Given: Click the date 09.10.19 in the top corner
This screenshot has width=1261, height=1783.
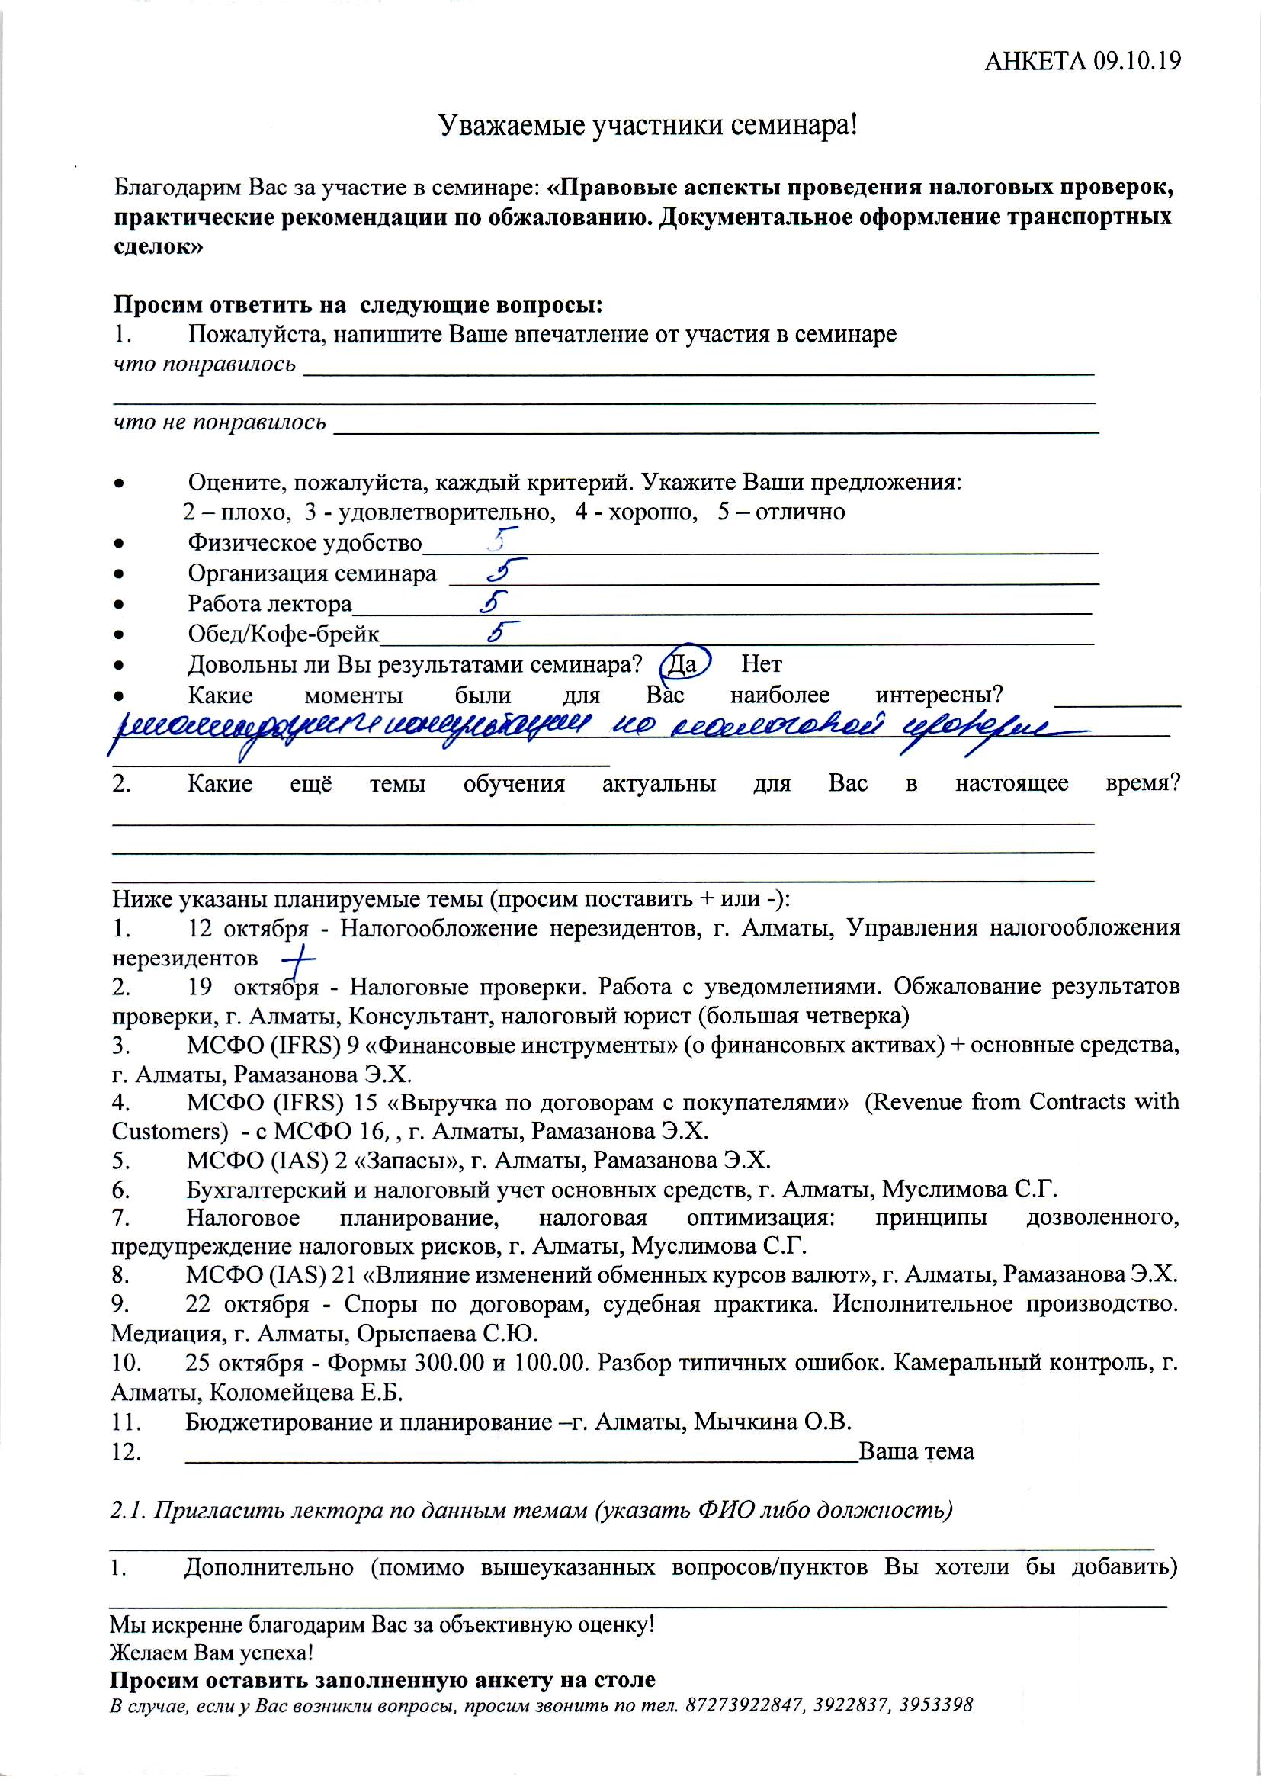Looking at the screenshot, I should (1137, 61).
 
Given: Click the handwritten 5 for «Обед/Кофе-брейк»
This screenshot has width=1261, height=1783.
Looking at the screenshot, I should (502, 632).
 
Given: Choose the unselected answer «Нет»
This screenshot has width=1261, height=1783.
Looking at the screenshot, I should (761, 664).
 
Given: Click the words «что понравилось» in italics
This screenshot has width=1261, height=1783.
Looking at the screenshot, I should (205, 364).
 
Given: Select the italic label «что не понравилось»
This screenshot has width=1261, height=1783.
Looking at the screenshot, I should (220, 422).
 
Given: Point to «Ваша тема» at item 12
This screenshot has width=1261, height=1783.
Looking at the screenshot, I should (916, 1451).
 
